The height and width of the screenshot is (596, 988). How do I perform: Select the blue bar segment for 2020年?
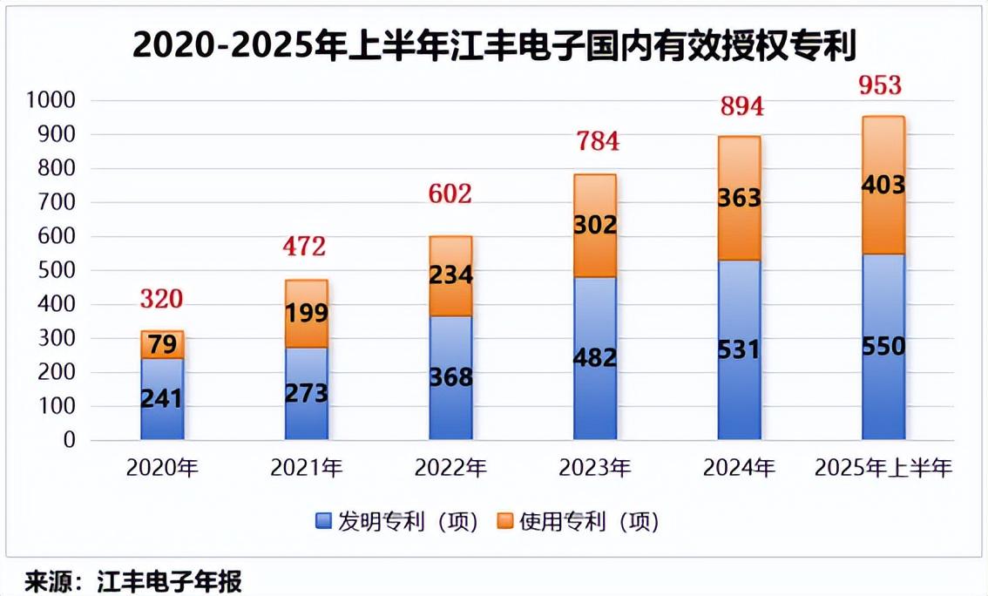(x=162, y=398)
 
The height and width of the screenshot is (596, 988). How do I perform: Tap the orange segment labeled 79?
(x=162, y=344)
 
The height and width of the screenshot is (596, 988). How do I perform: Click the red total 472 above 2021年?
(x=304, y=247)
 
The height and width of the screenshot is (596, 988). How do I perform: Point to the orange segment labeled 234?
(x=451, y=275)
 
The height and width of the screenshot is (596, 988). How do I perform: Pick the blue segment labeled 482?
(x=595, y=358)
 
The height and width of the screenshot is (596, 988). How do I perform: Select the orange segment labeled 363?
(x=739, y=198)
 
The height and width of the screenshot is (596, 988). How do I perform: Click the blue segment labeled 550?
(x=883, y=347)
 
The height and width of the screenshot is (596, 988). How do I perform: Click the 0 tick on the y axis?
(x=70, y=441)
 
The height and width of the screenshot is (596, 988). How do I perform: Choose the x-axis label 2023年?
(x=595, y=469)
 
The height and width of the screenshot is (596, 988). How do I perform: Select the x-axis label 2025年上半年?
(x=883, y=469)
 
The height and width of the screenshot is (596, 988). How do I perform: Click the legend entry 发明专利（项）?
(x=396, y=522)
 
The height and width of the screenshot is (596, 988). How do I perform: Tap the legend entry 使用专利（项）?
(x=579, y=522)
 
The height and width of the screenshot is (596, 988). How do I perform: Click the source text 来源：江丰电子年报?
(x=132, y=579)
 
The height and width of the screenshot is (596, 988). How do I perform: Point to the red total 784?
(x=595, y=140)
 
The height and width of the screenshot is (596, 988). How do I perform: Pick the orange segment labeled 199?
(x=307, y=314)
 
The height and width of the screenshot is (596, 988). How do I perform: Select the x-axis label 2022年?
(x=451, y=469)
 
